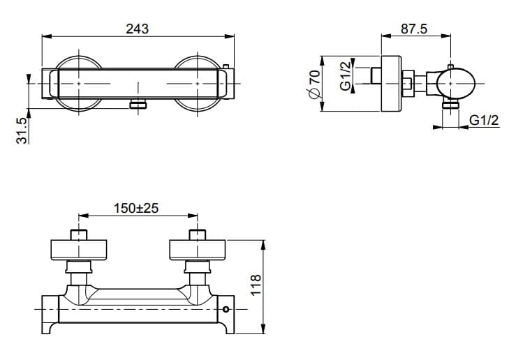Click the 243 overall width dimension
pyautogui.click(x=138, y=29)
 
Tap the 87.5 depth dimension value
pyautogui.click(x=414, y=29)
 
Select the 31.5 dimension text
pyautogui.click(x=22, y=130)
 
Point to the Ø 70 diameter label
pyautogui.click(x=314, y=84)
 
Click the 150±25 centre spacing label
pyautogui.click(x=136, y=208)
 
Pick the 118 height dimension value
pyautogui.click(x=256, y=285)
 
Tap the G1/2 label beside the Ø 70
pyautogui.click(x=346, y=75)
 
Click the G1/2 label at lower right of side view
pyautogui.click(x=484, y=120)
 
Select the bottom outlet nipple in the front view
pyautogui.click(x=138, y=105)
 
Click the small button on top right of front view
pyautogui.click(x=226, y=66)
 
